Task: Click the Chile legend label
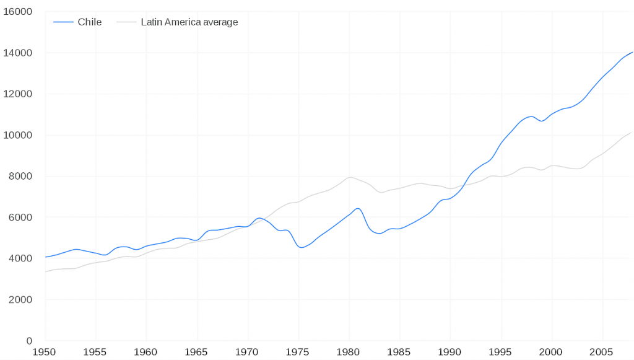89,22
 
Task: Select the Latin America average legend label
189,22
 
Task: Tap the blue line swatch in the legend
63,22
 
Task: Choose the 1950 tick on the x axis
45,352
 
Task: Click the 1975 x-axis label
298,352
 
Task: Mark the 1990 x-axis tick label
450,352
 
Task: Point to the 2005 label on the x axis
602,352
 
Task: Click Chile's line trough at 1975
300,247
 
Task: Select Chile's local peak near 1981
358,208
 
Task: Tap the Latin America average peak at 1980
350,178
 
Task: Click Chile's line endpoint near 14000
632,52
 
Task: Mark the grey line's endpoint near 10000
632,132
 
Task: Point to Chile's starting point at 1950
45,257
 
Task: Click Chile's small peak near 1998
531,116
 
